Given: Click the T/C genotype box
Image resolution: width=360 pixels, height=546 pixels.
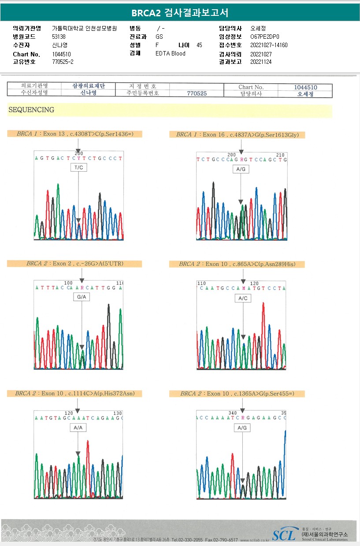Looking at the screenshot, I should click(78, 167).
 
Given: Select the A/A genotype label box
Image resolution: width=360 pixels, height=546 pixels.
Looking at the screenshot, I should click(78, 427).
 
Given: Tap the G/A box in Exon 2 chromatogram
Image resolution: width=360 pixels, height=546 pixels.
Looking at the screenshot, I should click(82, 297).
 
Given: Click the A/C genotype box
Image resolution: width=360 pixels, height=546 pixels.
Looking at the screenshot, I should click(243, 298).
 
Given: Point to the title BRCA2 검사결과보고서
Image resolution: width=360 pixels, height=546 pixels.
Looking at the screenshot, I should click(180, 13).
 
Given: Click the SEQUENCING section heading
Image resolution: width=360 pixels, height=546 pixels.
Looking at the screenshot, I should click(31, 110).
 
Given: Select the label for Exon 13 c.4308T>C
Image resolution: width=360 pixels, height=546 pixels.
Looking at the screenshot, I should click(74, 134).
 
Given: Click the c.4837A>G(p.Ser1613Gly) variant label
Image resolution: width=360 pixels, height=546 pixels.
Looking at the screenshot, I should click(237, 135).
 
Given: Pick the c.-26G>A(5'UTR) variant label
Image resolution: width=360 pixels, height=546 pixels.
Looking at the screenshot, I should click(74, 264).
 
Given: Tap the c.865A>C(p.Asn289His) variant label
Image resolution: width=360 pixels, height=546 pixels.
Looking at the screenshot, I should click(237, 264).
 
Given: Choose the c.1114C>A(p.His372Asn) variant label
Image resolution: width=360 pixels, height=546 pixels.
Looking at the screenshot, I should click(74, 393).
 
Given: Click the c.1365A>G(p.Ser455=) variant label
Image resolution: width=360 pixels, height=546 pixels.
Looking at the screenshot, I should click(237, 394).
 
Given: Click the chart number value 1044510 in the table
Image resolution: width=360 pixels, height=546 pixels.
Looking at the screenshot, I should click(305, 87).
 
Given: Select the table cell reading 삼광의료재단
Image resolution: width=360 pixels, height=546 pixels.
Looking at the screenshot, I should click(88, 86).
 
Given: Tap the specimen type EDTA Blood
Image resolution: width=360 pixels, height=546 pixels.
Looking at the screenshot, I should click(171, 54).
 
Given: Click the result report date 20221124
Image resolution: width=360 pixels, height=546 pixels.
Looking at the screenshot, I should click(261, 62).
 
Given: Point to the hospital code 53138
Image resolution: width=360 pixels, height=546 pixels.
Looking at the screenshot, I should click(59, 37).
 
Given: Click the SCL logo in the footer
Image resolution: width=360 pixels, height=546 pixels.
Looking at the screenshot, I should click(284, 535).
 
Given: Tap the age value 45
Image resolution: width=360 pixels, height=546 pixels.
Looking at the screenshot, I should click(199, 45).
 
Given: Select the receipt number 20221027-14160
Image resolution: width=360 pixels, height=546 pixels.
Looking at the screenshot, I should click(269, 45).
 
